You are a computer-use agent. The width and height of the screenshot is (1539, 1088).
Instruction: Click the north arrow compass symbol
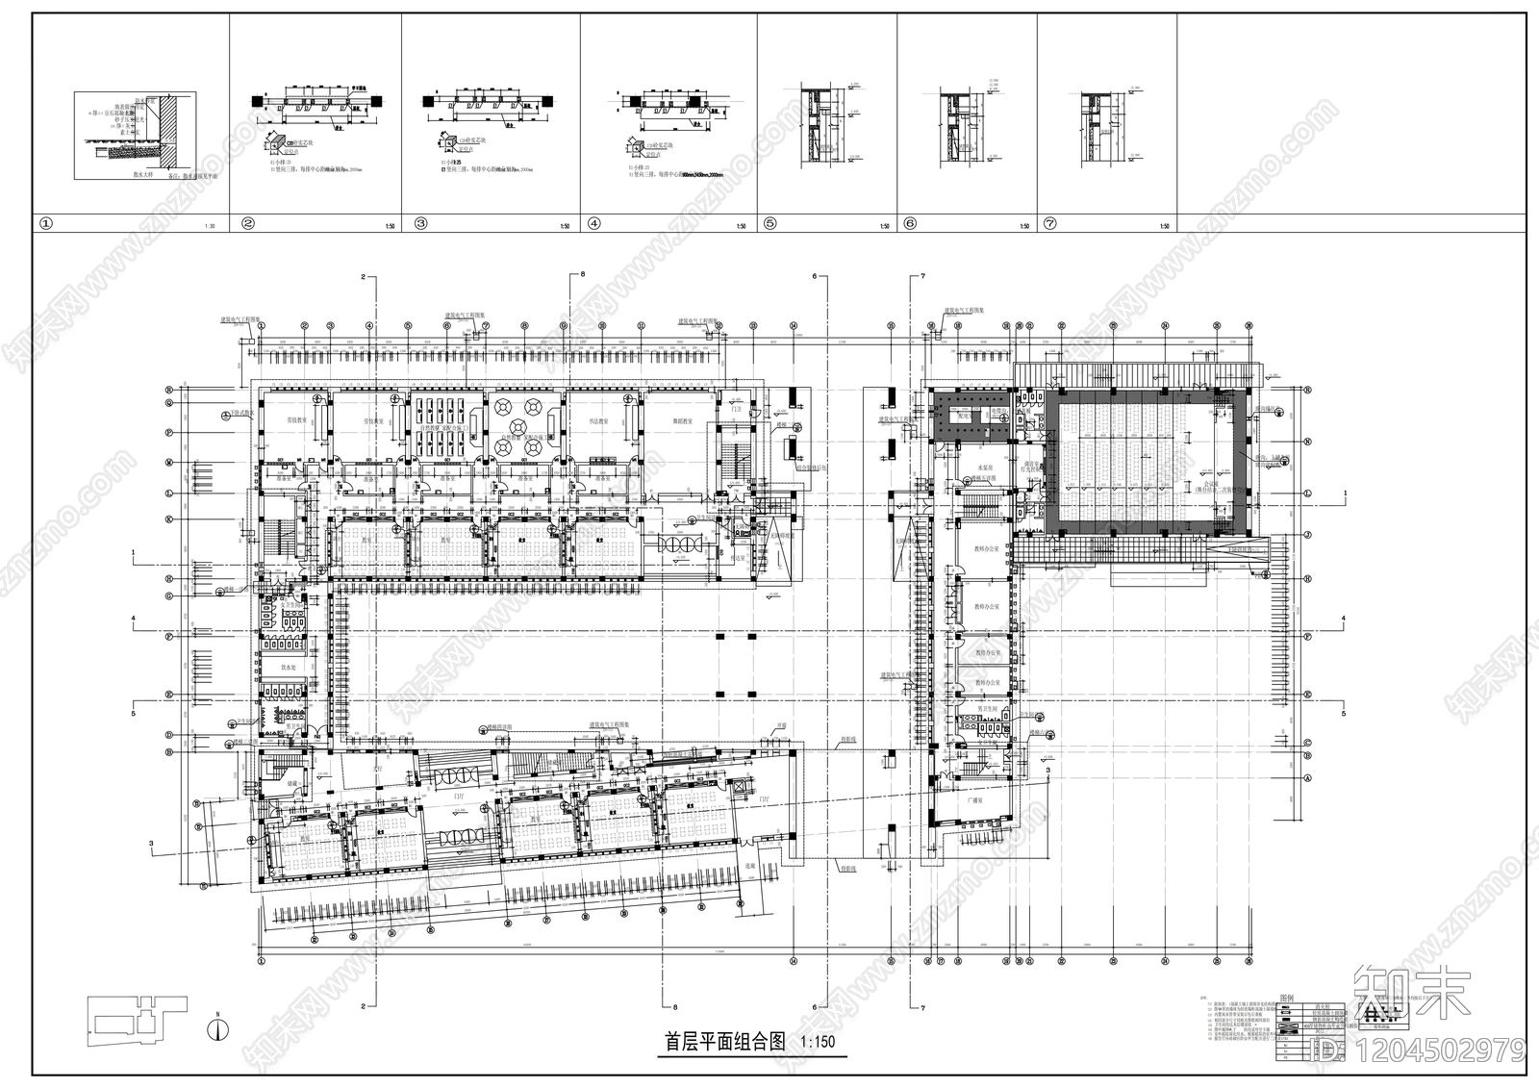(220, 1027)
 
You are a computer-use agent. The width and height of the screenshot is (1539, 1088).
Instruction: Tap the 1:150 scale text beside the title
(819, 1042)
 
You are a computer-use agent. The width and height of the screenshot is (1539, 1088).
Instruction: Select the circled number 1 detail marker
(44, 224)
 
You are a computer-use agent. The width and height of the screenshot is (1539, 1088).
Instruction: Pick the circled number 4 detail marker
(593, 224)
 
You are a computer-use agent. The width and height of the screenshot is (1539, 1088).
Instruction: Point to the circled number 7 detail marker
(1050, 224)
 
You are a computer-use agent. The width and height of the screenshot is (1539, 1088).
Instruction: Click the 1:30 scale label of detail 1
(210, 227)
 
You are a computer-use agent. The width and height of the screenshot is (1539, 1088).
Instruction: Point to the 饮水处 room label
(287, 667)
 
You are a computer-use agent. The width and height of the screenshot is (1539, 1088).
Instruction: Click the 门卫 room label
(738, 411)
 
